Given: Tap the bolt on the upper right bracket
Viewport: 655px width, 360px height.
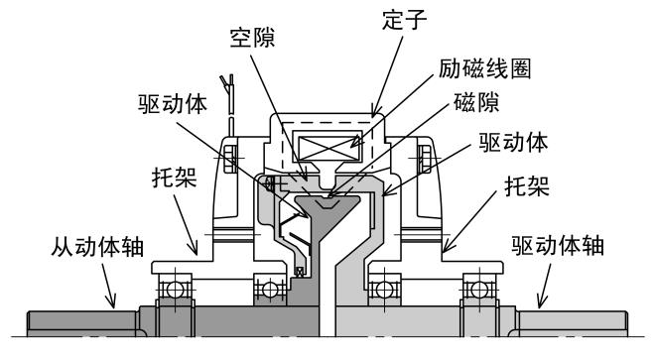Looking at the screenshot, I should coord(427,155).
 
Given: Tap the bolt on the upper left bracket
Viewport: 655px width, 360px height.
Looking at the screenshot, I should coord(229,155).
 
